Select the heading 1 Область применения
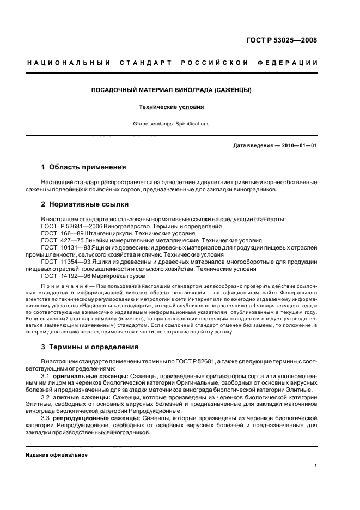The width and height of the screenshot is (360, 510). (83, 167)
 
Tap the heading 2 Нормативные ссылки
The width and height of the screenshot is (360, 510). (85, 204)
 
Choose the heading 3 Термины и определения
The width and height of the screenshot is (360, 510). (90, 347)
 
